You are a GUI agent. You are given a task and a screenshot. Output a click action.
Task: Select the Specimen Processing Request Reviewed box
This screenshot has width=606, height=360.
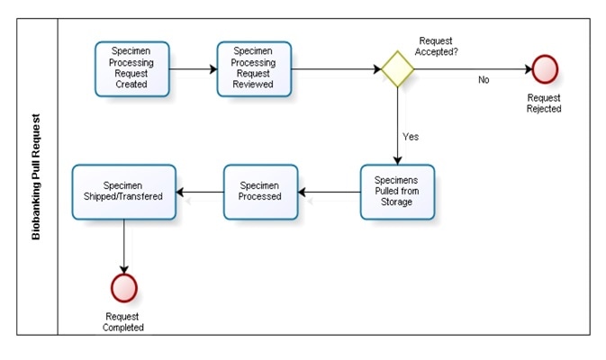pos(254,68)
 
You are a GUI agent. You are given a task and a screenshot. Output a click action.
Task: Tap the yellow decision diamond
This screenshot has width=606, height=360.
pos(396,68)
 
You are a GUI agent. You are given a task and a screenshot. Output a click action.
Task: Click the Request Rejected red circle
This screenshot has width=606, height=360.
pos(545,68)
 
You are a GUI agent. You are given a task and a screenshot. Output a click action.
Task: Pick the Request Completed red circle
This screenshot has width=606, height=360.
pos(123,287)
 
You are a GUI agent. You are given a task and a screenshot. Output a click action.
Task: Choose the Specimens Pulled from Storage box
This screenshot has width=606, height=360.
pos(397,191)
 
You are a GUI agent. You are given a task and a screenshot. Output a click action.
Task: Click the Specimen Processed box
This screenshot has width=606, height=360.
pos(260,191)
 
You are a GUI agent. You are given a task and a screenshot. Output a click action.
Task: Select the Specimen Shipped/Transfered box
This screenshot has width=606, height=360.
pos(123,191)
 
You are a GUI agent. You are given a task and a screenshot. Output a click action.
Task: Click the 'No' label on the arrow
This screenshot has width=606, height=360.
pos(484,80)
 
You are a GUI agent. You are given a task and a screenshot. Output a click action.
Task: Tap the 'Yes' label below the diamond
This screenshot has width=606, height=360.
pos(410,137)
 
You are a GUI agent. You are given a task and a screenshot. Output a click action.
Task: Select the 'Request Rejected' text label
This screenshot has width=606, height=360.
pos(544,103)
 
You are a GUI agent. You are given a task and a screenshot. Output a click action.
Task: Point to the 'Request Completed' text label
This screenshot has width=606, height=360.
pos(124,321)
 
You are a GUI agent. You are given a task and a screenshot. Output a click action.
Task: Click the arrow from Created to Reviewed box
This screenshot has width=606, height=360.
pos(191,68)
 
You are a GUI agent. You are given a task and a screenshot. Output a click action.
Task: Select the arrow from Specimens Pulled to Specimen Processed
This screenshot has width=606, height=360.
pos(329,191)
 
